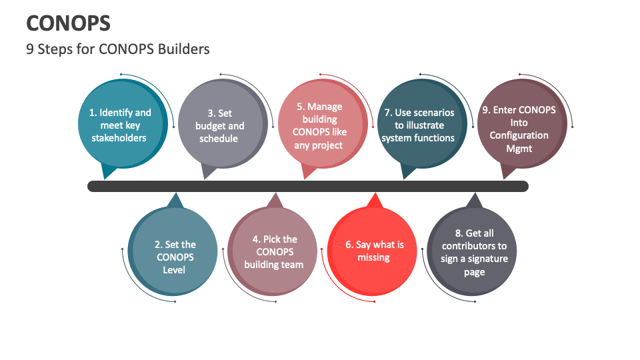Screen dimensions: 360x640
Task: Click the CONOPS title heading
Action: point(68,23)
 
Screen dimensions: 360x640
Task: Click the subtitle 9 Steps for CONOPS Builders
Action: point(118,49)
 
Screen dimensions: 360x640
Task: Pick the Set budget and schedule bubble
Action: point(219,126)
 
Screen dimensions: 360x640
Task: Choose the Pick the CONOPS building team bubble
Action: point(273,251)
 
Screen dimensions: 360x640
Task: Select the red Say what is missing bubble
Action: point(373,251)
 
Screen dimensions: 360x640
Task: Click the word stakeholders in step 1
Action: point(119,138)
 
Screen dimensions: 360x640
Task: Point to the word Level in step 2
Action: point(174,270)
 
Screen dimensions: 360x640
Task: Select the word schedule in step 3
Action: point(219,139)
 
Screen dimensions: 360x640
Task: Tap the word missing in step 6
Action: point(373,257)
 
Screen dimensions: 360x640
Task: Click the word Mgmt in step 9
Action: point(519,148)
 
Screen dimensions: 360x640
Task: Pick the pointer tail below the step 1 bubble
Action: point(107,173)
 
